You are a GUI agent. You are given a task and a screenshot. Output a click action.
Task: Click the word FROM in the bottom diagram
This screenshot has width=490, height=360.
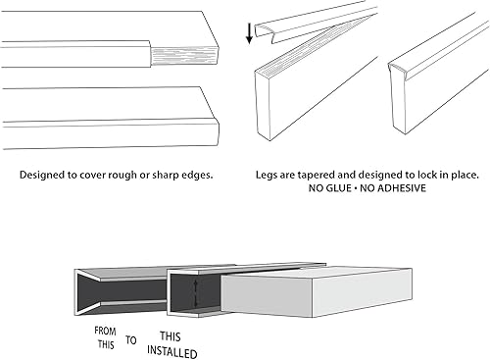click(x=105, y=331)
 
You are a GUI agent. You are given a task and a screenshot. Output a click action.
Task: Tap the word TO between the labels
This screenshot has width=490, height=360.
click(x=131, y=340)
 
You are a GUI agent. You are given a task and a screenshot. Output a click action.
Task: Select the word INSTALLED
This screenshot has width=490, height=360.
click(x=171, y=352)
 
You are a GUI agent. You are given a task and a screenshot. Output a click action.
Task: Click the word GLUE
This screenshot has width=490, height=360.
click(x=340, y=188)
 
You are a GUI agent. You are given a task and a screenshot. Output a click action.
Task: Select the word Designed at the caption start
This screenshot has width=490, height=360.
click(x=42, y=176)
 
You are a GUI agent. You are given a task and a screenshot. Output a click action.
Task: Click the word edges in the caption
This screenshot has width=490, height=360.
click(x=197, y=176)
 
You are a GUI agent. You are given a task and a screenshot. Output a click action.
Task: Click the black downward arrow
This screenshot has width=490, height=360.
click(x=249, y=33)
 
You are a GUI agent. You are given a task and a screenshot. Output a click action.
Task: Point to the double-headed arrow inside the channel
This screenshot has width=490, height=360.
click(x=195, y=293)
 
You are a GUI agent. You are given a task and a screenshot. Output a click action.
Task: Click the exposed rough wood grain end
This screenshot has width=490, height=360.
click(x=184, y=56)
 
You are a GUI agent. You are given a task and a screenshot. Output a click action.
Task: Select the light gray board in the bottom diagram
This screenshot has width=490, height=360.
click(x=317, y=292)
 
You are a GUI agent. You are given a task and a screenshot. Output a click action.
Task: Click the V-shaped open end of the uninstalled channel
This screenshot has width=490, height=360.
click(x=88, y=292)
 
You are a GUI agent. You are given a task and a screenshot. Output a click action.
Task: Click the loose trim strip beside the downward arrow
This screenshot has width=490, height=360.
click(x=314, y=24)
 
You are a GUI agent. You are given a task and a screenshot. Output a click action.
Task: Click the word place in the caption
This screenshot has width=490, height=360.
click(x=465, y=176)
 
